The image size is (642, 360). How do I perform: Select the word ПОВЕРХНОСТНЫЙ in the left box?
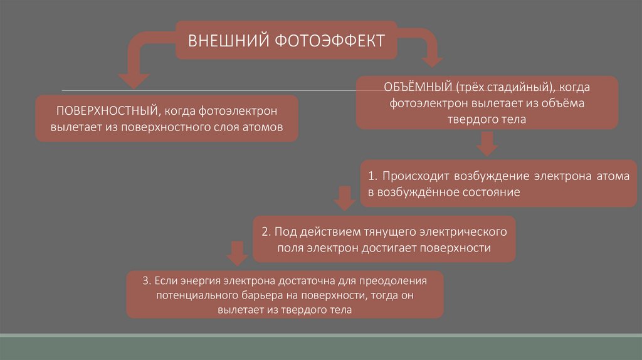pyautogui.click(x=106, y=111)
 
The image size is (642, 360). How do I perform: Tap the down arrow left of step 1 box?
pyautogui.click(x=343, y=198)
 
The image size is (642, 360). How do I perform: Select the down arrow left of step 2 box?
pyautogui.click(x=236, y=253)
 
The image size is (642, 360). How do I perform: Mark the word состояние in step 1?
pyautogui.click(x=483, y=192)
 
